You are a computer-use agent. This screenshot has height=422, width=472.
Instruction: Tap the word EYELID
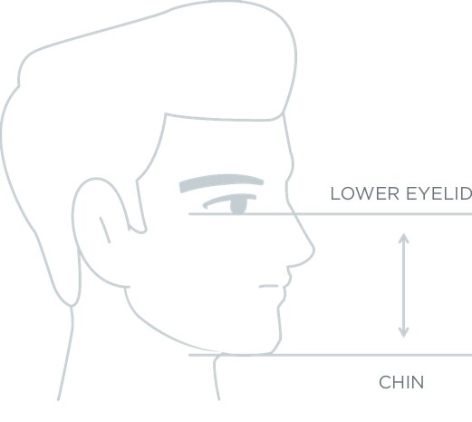(x=439, y=193)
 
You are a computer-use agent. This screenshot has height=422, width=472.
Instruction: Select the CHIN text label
(x=401, y=382)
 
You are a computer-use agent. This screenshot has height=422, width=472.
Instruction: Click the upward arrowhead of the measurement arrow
(x=404, y=238)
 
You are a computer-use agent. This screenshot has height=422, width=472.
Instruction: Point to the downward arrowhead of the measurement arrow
(x=404, y=332)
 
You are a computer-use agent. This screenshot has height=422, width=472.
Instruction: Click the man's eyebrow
(x=221, y=182)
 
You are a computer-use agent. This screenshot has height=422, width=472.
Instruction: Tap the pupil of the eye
(x=238, y=205)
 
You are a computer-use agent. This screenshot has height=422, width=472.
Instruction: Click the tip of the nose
(x=314, y=250)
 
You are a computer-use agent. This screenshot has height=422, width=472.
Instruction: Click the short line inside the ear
(x=105, y=230)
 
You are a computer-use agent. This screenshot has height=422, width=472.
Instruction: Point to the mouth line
(x=268, y=286)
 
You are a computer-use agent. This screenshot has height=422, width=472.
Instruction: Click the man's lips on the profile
(x=286, y=286)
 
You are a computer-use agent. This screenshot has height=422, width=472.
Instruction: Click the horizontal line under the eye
(x=331, y=214)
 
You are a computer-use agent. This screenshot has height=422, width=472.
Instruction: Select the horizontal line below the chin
(x=331, y=355)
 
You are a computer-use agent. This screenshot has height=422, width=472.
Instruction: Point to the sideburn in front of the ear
(x=141, y=206)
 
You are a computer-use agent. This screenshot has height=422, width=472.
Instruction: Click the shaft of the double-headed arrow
(x=404, y=285)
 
